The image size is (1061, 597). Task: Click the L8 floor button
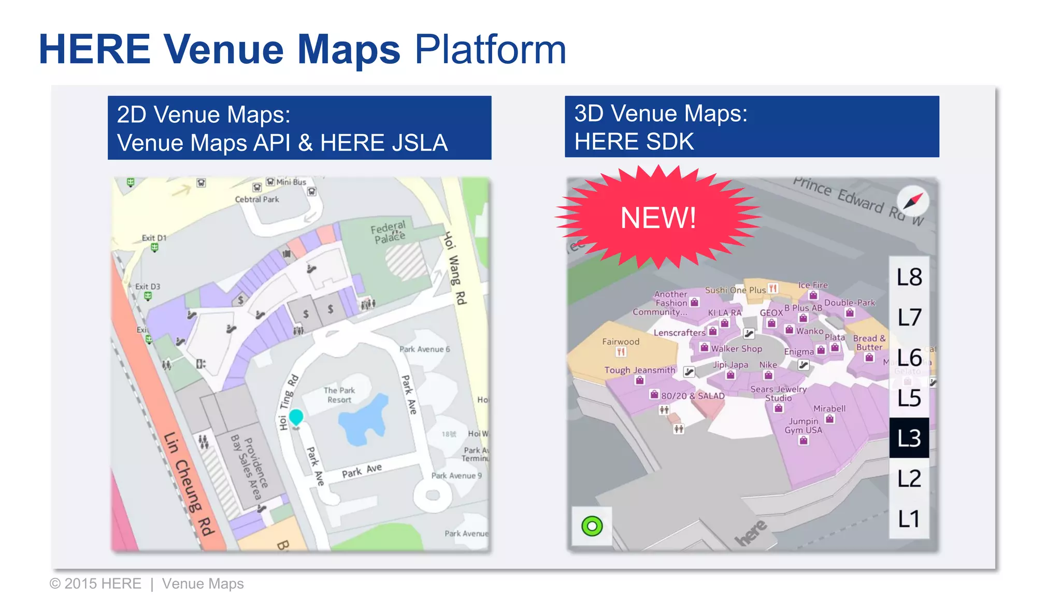click(909, 277)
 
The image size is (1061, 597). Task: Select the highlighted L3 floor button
click(909, 438)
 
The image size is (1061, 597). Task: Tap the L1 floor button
click(909, 519)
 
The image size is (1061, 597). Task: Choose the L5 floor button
click(909, 398)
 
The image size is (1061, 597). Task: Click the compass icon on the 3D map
click(913, 201)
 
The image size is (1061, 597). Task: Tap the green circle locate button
click(592, 527)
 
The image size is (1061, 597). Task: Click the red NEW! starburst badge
click(658, 218)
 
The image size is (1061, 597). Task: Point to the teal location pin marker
click(296, 417)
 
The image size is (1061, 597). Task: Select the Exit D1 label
click(154, 238)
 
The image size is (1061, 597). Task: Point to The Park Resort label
click(339, 395)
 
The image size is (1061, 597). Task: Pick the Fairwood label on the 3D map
click(621, 342)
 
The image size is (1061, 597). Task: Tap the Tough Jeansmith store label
click(640, 370)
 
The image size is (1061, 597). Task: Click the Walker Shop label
click(736, 349)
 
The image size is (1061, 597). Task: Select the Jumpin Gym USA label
click(804, 425)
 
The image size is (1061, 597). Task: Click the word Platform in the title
click(490, 50)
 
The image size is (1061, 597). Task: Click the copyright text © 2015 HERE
click(95, 584)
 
